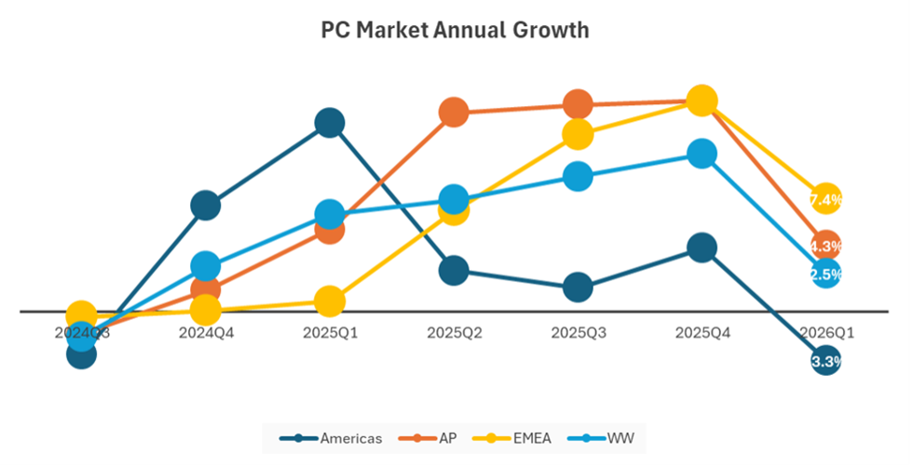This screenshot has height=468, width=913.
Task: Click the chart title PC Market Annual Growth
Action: [455, 30]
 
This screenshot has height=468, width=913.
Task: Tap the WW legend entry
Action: [608, 437]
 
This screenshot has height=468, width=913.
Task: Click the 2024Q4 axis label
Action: [206, 331]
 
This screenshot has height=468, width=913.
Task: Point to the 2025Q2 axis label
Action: [454, 331]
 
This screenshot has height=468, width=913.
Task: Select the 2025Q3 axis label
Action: [578, 331]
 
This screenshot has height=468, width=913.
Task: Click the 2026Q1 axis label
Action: [825, 331]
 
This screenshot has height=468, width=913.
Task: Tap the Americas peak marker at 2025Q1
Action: [330, 123]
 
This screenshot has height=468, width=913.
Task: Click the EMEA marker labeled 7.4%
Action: [825, 199]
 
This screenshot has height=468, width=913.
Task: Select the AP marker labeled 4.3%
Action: [825, 246]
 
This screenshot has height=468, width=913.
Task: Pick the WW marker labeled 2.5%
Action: [825, 274]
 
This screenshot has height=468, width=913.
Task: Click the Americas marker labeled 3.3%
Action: [825, 361]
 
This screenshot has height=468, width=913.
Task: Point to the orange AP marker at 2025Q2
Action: [454, 113]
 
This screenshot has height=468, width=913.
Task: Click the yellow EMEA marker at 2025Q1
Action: [330, 301]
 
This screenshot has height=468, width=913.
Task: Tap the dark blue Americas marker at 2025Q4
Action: [702, 247]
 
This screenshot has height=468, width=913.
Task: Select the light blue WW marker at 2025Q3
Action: [578, 176]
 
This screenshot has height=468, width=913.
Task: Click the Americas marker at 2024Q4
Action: [206, 206]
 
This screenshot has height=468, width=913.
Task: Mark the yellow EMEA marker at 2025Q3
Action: [578, 134]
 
